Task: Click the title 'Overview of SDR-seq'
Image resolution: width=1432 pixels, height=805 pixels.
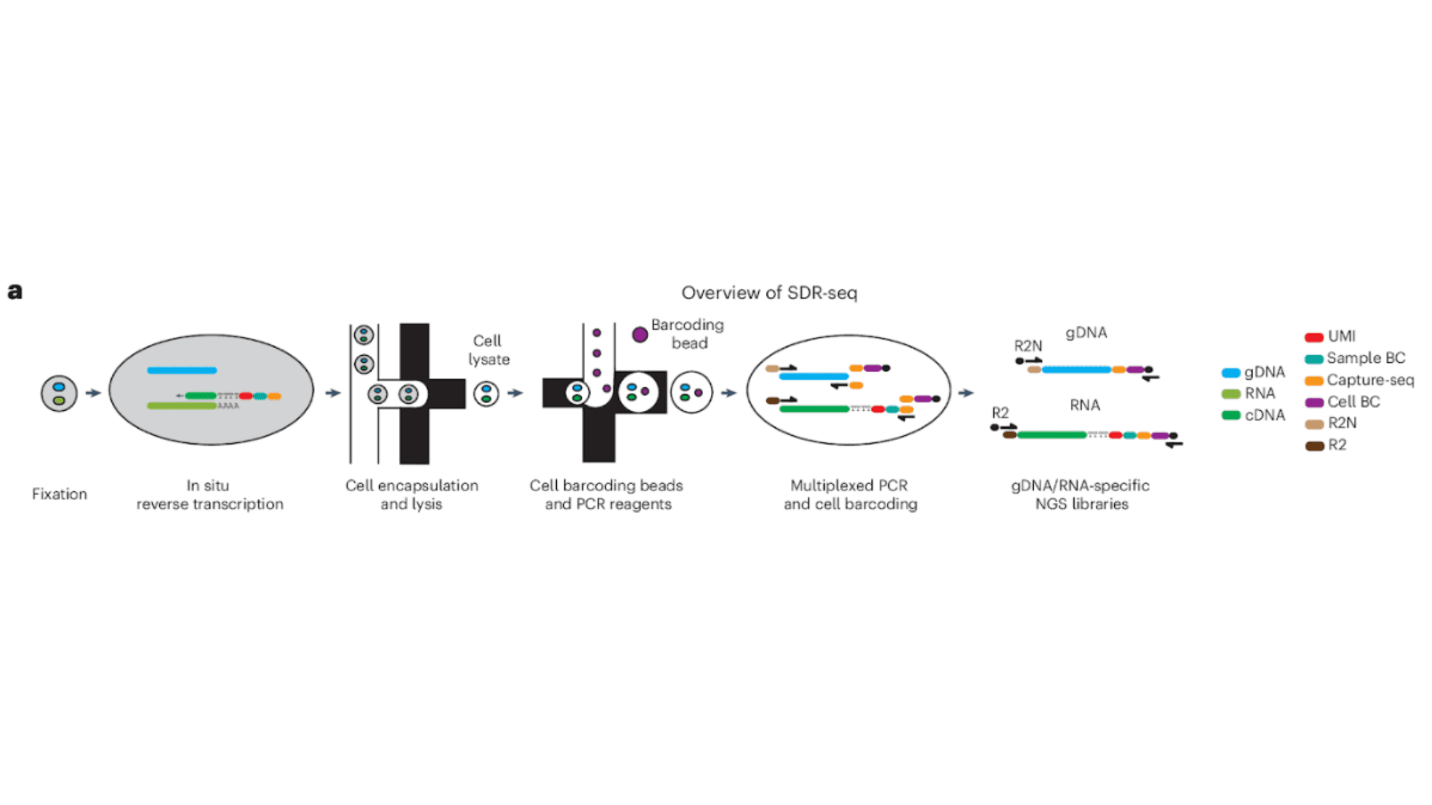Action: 768,293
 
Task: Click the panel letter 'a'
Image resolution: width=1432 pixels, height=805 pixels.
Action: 15,292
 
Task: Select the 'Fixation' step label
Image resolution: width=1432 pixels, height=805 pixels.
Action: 59,494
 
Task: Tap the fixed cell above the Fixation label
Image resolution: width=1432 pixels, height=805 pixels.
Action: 59,394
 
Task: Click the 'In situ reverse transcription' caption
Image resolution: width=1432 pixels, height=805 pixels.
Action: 209,494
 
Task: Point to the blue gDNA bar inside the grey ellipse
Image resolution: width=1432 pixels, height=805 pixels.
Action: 182,370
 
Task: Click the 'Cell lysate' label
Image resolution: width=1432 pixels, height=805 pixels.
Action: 488,349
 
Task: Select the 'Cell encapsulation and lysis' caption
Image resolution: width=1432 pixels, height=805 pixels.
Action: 412,494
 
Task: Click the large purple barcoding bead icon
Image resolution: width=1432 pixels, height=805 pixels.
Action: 640,334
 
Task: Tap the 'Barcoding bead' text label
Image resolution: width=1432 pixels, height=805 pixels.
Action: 688,333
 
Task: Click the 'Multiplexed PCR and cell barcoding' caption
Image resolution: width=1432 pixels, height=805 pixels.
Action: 850,494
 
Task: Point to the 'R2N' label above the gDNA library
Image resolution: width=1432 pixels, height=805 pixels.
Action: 1028,346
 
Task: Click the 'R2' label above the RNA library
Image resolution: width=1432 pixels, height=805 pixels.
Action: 1000,413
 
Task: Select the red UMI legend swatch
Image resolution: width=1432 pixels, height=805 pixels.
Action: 1314,337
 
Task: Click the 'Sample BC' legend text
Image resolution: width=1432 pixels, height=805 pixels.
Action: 1366,358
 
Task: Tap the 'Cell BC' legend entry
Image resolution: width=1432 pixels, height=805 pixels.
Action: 1353,402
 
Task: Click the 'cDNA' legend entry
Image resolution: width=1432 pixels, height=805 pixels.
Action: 1264,415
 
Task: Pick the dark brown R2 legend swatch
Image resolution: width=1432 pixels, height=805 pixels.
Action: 1314,446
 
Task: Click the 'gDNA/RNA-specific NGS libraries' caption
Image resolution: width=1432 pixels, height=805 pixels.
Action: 1080,494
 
